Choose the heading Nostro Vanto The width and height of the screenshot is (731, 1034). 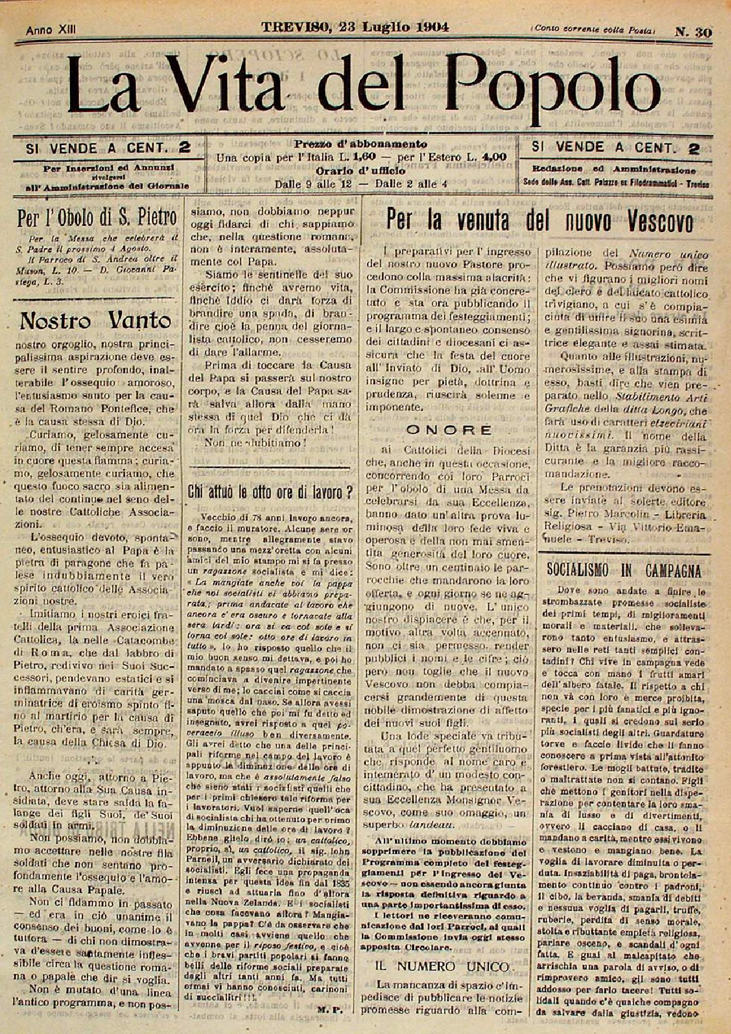96,320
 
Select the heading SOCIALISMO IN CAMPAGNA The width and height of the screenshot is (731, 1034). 624,570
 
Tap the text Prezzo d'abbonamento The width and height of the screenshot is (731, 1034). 361,144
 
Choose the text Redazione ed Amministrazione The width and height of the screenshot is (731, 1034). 614,170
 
